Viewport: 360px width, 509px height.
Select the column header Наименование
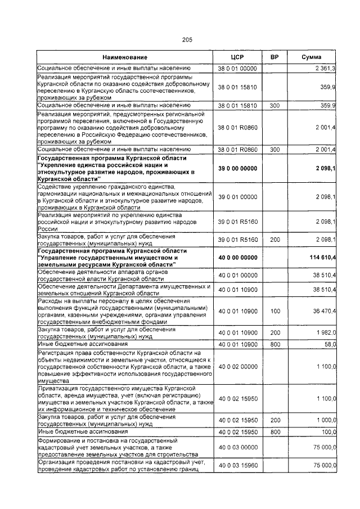point(124,57)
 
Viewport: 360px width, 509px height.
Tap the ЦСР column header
point(237,57)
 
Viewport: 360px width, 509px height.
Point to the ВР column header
point(274,57)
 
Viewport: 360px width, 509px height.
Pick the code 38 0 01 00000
point(237,68)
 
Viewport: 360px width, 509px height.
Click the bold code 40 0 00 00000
point(237,257)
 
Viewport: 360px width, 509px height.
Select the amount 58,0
point(328,344)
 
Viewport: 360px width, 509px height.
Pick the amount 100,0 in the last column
point(326,431)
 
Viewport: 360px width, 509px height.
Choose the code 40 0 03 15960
point(237,465)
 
